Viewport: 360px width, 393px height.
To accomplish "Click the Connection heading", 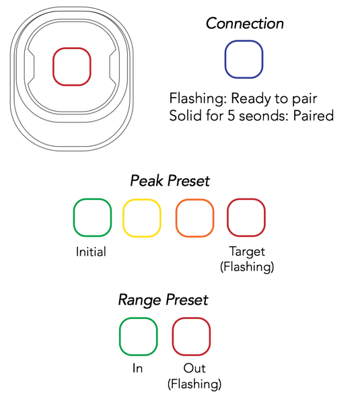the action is tap(245, 24).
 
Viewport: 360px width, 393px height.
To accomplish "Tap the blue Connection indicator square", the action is tap(225, 59).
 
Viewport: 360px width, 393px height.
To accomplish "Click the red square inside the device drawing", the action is tap(53, 67).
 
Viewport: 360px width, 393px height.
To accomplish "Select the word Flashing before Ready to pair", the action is tap(198, 98).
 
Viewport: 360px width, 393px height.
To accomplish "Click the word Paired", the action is tap(313, 116).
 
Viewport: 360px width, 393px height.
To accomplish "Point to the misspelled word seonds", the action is tap(262, 116).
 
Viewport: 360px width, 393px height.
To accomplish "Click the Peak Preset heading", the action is tap(170, 181).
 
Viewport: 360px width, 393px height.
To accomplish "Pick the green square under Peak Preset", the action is tap(74, 217).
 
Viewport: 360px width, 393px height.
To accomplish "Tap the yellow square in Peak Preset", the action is tap(123, 218).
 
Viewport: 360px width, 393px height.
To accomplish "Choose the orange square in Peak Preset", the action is tap(176, 218).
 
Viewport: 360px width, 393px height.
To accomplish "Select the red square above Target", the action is tap(228, 217).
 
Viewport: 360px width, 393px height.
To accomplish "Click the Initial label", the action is tap(91, 252).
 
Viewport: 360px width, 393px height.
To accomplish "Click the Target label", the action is tap(247, 252).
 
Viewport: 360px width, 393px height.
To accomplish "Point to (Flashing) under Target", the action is tap(247, 266).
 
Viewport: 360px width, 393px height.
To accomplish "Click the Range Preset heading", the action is tap(164, 299).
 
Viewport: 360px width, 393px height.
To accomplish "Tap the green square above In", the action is tap(120, 336).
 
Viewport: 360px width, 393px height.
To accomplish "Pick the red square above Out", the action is tap(173, 336).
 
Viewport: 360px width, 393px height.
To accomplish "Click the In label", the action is tap(138, 369).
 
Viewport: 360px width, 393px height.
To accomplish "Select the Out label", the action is tap(194, 369).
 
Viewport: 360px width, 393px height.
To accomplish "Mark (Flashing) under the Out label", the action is tap(194, 384).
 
